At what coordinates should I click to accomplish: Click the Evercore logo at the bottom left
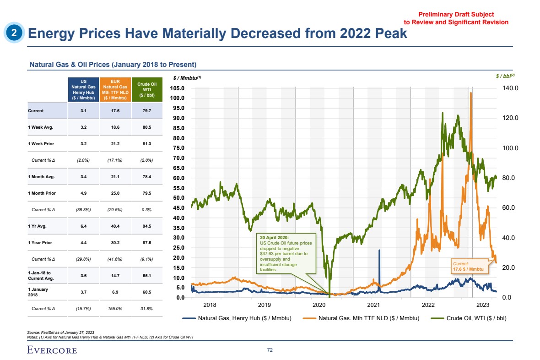51,350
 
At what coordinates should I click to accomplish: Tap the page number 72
270,350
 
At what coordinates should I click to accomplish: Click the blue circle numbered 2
14,33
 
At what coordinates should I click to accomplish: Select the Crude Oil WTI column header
144,89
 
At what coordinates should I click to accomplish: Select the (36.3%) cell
83,209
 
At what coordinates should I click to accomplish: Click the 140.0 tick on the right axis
508,88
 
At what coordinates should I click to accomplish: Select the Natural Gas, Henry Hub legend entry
237,318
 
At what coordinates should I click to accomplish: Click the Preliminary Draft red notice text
456,18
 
